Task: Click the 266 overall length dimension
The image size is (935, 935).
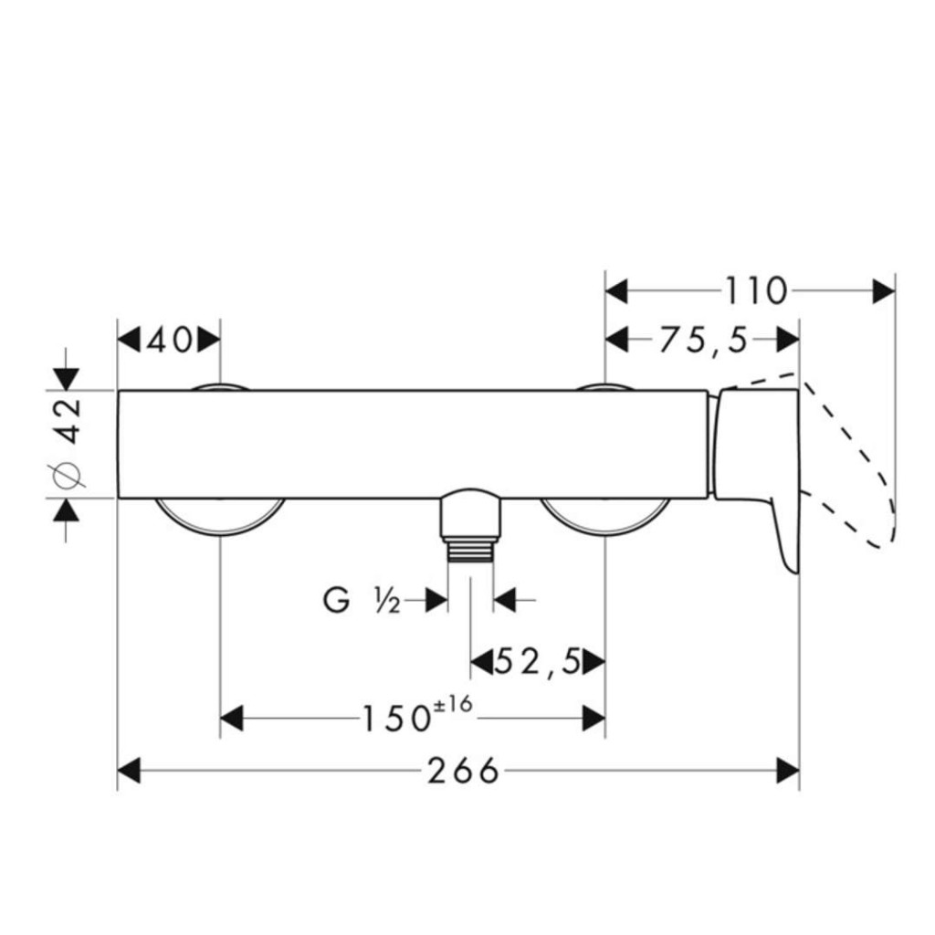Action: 463,771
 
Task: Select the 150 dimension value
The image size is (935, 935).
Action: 396,719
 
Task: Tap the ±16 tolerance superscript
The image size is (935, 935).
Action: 454,704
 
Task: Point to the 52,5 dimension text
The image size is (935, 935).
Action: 538,662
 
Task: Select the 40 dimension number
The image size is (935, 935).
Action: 170,341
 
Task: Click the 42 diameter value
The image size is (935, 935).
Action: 71,421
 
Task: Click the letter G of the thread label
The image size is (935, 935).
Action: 336,600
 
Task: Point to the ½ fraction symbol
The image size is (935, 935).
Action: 387,601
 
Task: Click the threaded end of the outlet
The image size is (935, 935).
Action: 470,550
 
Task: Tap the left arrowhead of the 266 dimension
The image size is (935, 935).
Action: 129,771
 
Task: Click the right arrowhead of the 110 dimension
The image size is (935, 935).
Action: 884,291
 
